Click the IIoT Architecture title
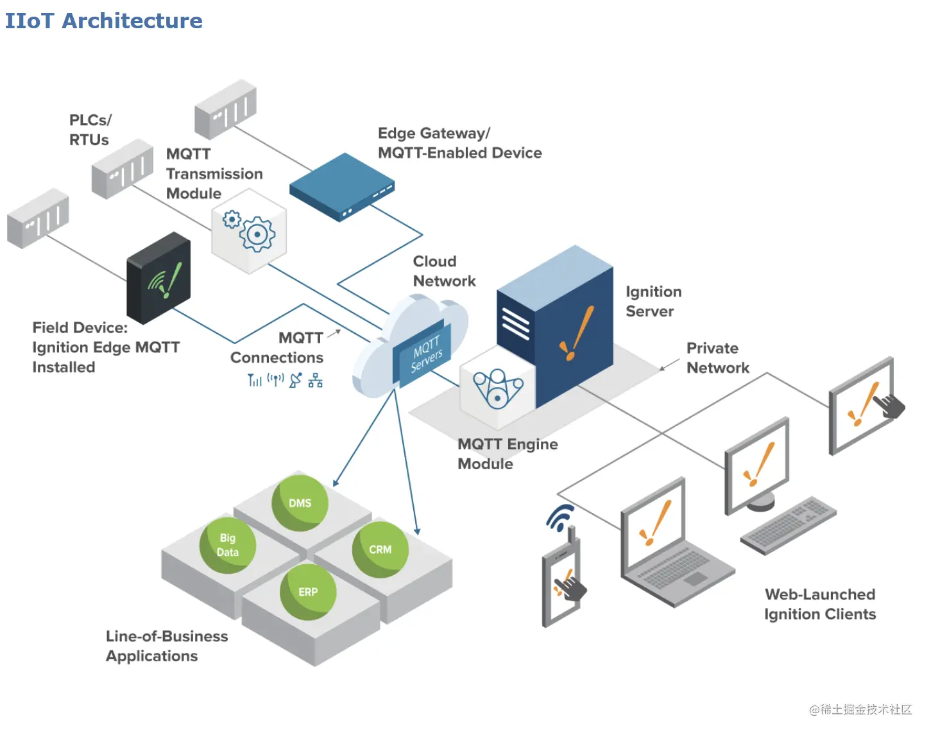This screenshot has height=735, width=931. (x=103, y=21)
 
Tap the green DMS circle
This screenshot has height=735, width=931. (x=300, y=503)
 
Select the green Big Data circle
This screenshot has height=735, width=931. (x=228, y=545)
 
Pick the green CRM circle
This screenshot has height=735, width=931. (x=380, y=549)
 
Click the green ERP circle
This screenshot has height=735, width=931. (x=308, y=592)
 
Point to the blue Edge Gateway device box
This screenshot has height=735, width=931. (x=341, y=186)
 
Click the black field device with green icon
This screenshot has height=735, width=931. (x=158, y=279)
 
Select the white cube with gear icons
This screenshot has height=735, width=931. (x=249, y=231)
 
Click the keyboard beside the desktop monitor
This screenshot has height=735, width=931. (x=789, y=524)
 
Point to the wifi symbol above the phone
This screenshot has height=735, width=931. (x=560, y=517)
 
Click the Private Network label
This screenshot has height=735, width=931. (x=717, y=358)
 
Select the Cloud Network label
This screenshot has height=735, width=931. (x=444, y=271)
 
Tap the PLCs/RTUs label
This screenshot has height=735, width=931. (x=90, y=130)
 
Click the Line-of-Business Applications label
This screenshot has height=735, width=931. (x=166, y=646)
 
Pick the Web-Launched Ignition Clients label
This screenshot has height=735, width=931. (x=819, y=604)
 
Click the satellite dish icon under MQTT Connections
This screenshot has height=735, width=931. (x=295, y=380)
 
